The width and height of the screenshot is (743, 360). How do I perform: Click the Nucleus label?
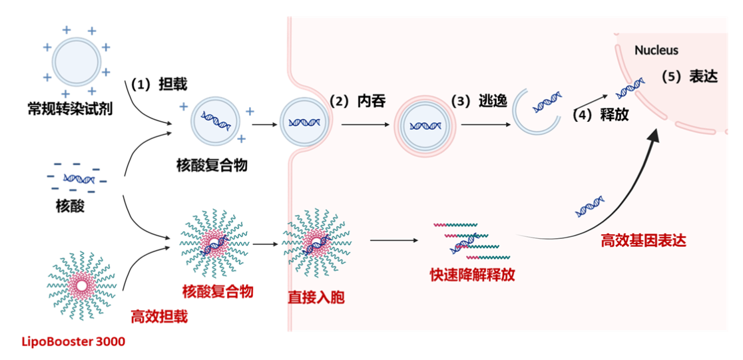tap(656, 50)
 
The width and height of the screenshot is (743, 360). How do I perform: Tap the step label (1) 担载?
tap(158, 84)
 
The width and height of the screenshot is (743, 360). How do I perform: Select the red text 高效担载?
tap(159, 316)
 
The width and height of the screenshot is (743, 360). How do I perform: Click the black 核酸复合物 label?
tap(212, 165)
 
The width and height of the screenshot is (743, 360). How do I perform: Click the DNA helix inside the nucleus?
tap(630, 87)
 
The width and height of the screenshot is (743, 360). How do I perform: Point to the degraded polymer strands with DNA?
tap(467, 241)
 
